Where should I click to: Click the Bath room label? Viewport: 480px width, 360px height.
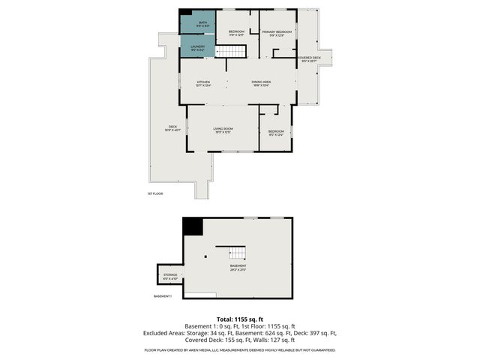[202, 24]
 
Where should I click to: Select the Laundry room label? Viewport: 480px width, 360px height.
[198, 48]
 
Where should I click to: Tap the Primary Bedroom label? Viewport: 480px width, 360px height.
[277, 33]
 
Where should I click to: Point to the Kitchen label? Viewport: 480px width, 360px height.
[203, 83]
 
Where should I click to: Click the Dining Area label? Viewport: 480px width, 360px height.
[261, 83]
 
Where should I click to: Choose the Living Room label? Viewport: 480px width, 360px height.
[223, 130]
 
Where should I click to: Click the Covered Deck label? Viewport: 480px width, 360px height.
[309, 59]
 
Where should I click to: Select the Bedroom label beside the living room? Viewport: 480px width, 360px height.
[276, 133]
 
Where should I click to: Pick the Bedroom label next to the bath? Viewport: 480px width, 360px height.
[237, 33]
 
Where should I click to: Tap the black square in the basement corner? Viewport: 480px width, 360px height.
[193, 226]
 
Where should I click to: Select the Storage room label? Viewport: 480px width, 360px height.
[170, 277]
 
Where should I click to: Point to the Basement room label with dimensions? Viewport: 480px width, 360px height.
[238, 268]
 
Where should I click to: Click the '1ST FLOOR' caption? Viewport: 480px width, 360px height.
[155, 193]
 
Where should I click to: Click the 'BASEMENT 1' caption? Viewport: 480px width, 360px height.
[163, 296]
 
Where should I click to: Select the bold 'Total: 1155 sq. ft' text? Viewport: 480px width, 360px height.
[239, 319]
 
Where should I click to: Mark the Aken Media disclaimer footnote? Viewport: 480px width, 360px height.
[239, 350]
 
